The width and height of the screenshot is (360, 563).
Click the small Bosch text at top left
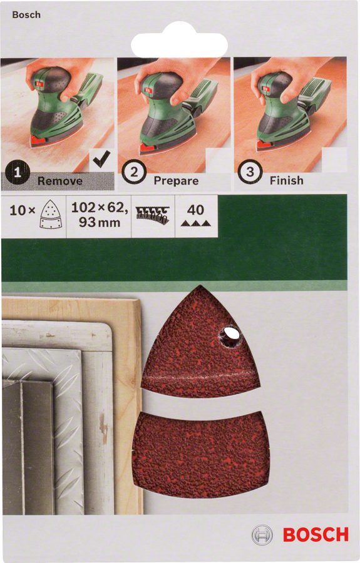point(26,15)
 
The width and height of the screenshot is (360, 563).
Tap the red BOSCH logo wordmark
point(316,535)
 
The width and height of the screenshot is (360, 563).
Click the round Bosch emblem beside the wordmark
point(262,535)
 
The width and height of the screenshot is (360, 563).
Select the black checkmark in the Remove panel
point(101,159)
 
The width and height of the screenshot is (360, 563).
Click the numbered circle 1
point(18,173)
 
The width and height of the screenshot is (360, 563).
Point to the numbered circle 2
point(133,172)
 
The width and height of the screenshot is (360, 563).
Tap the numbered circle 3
point(250,171)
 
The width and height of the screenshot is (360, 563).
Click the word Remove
point(60,181)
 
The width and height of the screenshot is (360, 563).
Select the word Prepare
point(176,181)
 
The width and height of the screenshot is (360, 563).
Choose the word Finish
point(287,180)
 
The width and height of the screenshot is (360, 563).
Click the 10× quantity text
point(23,210)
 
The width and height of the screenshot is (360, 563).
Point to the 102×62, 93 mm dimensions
point(100,215)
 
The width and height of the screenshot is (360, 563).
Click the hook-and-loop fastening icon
point(153,215)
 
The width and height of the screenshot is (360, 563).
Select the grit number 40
point(195,210)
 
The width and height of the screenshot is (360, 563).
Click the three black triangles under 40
point(195,223)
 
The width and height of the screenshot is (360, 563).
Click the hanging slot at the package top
point(179,44)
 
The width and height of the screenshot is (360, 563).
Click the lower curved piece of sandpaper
point(200,454)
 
